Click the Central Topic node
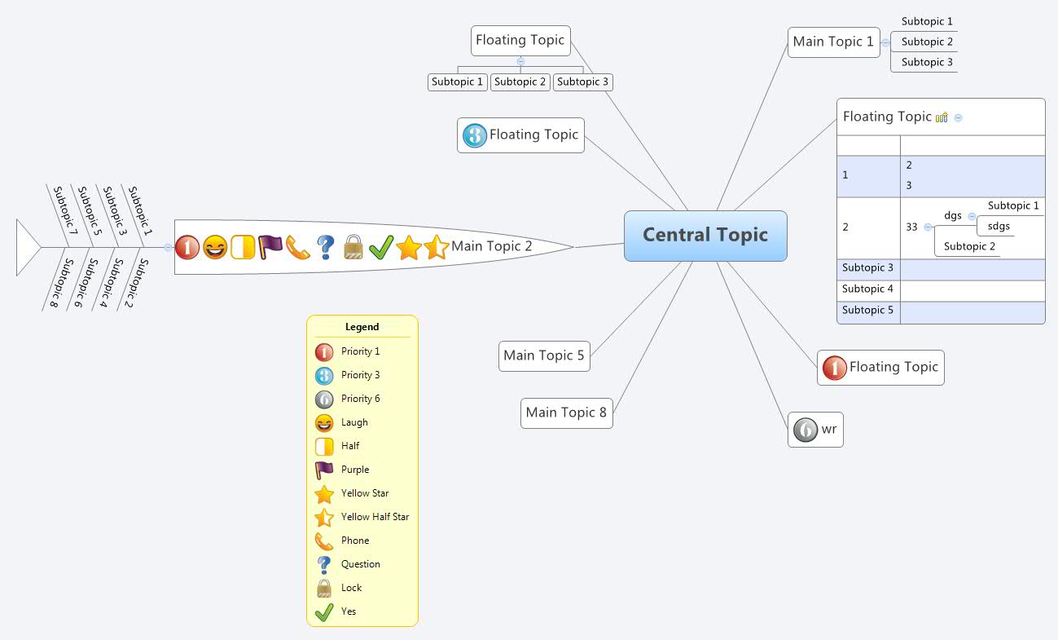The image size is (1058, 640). (705, 236)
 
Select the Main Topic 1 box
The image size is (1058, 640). (833, 42)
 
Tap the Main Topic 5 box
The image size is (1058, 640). (544, 355)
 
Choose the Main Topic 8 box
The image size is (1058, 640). (566, 413)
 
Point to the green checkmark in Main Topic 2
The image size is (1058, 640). (381, 246)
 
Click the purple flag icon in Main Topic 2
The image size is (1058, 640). (270, 246)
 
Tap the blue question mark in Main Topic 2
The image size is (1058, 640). (326, 246)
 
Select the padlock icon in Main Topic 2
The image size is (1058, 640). (353, 246)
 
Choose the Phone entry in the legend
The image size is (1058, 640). (355, 541)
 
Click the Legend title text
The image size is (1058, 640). (362, 327)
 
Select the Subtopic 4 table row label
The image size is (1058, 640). (867, 289)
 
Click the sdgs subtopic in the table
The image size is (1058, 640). (999, 226)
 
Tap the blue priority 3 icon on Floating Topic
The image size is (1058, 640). (474, 135)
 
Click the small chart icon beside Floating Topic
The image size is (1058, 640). (942, 117)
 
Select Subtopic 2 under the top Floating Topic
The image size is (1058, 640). (520, 82)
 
